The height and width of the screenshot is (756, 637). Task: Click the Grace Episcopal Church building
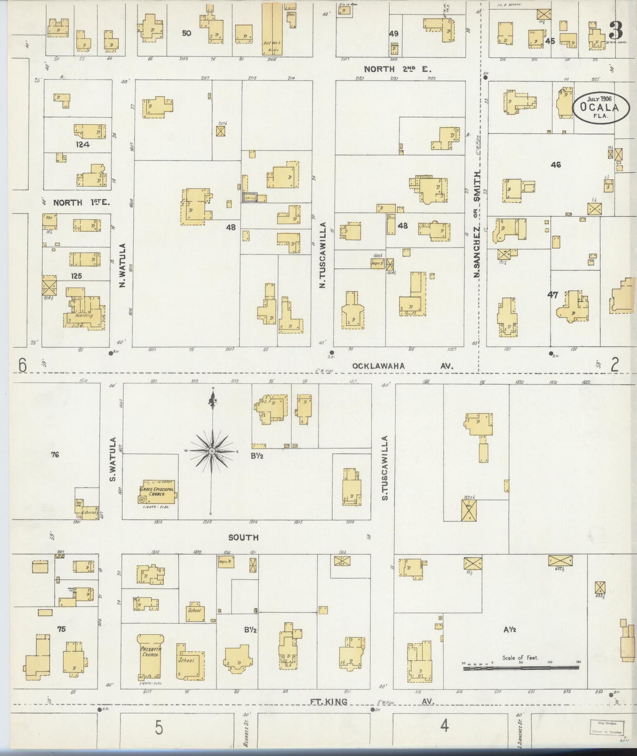[x=157, y=492]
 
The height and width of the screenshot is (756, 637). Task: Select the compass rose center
[x=212, y=451]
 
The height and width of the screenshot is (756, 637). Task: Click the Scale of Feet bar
[x=521, y=668]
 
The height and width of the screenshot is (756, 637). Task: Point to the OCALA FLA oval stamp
[x=601, y=107]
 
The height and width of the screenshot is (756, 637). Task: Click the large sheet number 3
[x=616, y=30]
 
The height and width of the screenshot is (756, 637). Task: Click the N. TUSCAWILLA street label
[x=323, y=255]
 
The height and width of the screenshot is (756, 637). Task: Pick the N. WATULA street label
[x=123, y=266]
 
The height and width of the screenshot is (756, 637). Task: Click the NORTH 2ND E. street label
[x=397, y=69]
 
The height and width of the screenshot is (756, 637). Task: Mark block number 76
[x=55, y=454]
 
